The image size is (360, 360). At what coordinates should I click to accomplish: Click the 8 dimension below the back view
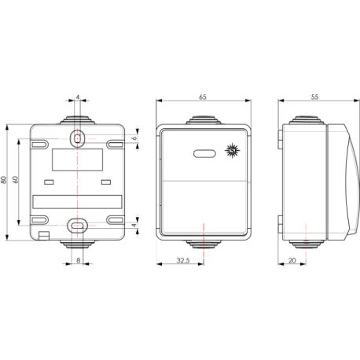point(79,261)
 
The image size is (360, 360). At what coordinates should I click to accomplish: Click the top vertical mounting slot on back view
point(79,138)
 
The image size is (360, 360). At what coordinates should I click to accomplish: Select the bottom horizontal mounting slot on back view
point(79,224)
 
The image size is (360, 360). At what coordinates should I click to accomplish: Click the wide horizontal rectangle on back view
point(78,200)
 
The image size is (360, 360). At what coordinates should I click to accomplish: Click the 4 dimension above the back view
point(79,98)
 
